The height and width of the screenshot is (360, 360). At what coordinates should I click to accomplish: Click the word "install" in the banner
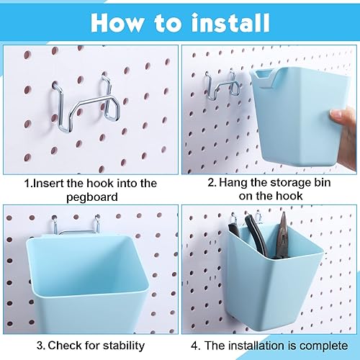[x=231, y=23]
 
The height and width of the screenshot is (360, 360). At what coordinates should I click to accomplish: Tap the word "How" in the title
[x=117, y=23]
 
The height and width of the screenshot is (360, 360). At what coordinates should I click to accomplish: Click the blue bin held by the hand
[x=299, y=117]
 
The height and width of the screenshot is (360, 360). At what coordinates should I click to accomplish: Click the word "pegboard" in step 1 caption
[x=92, y=197]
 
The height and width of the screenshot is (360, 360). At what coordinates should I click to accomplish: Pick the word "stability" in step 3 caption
[x=124, y=346]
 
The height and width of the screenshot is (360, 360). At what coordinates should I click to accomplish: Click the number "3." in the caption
[x=41, y=346]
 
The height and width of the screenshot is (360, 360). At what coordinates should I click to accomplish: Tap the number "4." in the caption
[x=196, y=346]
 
